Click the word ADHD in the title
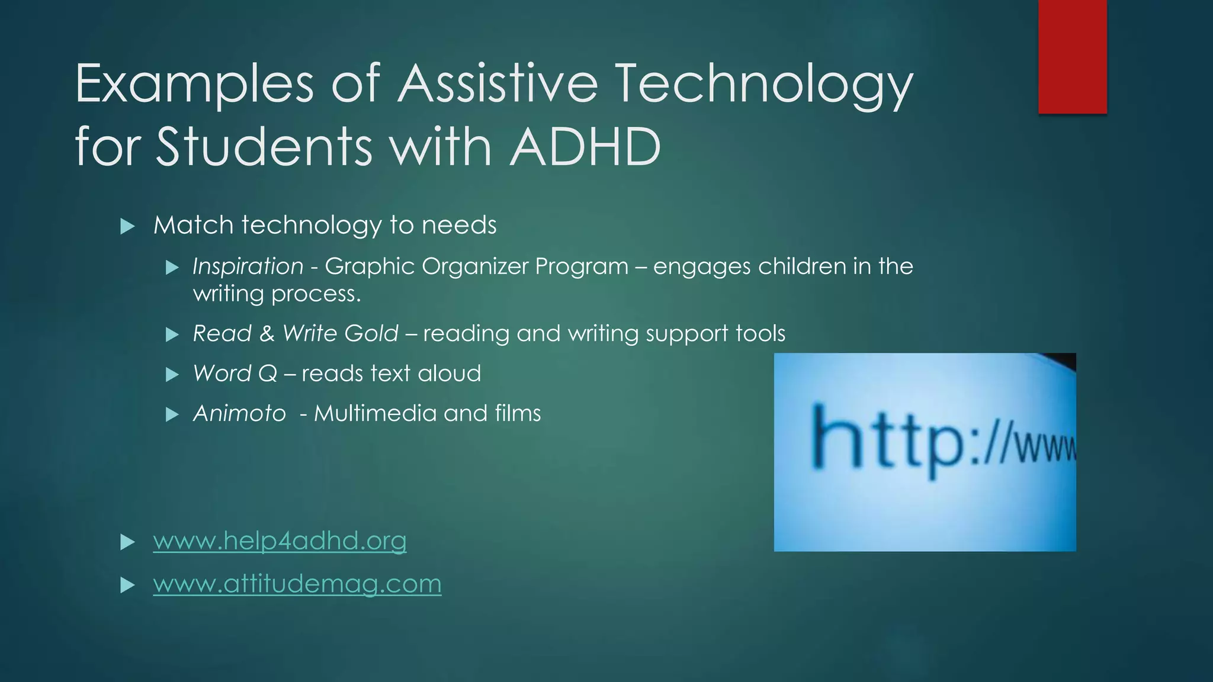pos(585,146)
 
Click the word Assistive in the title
pos(498,83)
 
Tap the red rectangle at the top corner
pos(1072,56)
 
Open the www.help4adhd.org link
pos(280,541)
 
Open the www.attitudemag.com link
pos(297,584)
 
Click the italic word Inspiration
pos(248,267)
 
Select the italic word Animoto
pos(239,413)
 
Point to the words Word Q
pos(235,374)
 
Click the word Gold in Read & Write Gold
pos(371,333)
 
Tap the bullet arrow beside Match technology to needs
pos(127,226)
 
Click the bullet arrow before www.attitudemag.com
pos(127,586)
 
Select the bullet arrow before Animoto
pos(172,414)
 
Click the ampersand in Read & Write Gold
pos(267,333)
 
